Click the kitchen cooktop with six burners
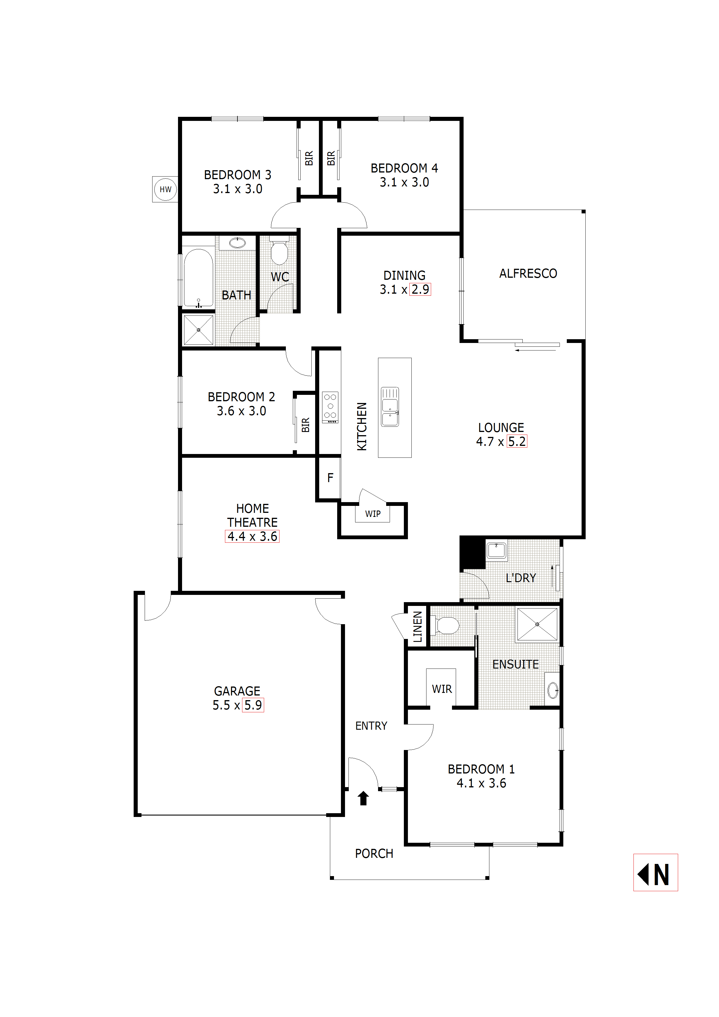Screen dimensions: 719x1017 [330, 407]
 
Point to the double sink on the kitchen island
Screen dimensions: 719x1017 [390, 407]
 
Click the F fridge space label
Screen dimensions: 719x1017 [330, 477]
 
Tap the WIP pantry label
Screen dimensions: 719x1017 [373, 514]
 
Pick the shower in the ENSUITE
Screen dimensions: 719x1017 [537, 624]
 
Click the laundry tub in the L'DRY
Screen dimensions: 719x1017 [496, 551]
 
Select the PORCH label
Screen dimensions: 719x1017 [374, 853]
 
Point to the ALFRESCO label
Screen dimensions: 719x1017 [528, 273]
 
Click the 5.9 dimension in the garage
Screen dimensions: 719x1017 [253, 705]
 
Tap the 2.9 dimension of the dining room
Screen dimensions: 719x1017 [420, 289]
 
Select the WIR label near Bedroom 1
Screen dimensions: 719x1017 [442, 689]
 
